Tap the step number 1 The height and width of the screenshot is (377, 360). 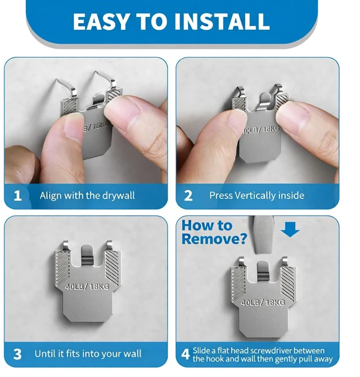[17, 196]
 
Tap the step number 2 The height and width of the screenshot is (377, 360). [188, 196]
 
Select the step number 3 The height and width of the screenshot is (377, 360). [17, 354]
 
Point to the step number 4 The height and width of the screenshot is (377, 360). [186, 354]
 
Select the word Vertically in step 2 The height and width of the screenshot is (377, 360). [255, 196]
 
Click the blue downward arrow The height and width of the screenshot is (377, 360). [290, 229]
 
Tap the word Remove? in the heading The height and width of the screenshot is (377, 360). [214, 239]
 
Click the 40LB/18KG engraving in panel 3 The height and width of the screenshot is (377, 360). [87, 287]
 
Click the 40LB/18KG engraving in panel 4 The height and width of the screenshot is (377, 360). [263, 302]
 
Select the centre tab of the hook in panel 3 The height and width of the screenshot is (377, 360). [87, 255]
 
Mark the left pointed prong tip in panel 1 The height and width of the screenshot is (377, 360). [57, 79]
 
